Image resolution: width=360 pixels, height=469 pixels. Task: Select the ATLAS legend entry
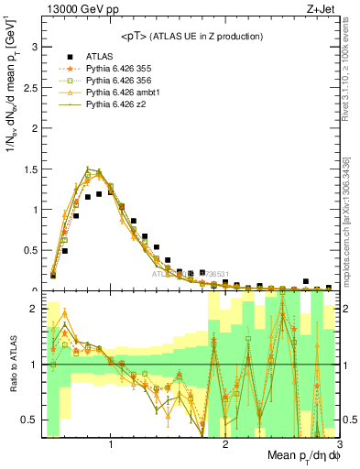[x=99, y=56]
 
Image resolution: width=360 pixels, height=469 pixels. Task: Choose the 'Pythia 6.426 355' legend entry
[x=117, y=69]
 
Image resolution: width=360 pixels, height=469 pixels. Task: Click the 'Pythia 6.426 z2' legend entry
[x=114, y=106]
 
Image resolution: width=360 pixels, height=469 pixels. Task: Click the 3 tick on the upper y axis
[x=34, y=46]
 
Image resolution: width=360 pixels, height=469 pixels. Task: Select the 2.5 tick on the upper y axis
[x=30, y=87]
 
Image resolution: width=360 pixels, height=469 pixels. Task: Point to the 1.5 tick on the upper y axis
[x=30, y=169]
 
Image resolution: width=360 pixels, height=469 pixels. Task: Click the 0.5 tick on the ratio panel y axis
[x=30, y=420]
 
